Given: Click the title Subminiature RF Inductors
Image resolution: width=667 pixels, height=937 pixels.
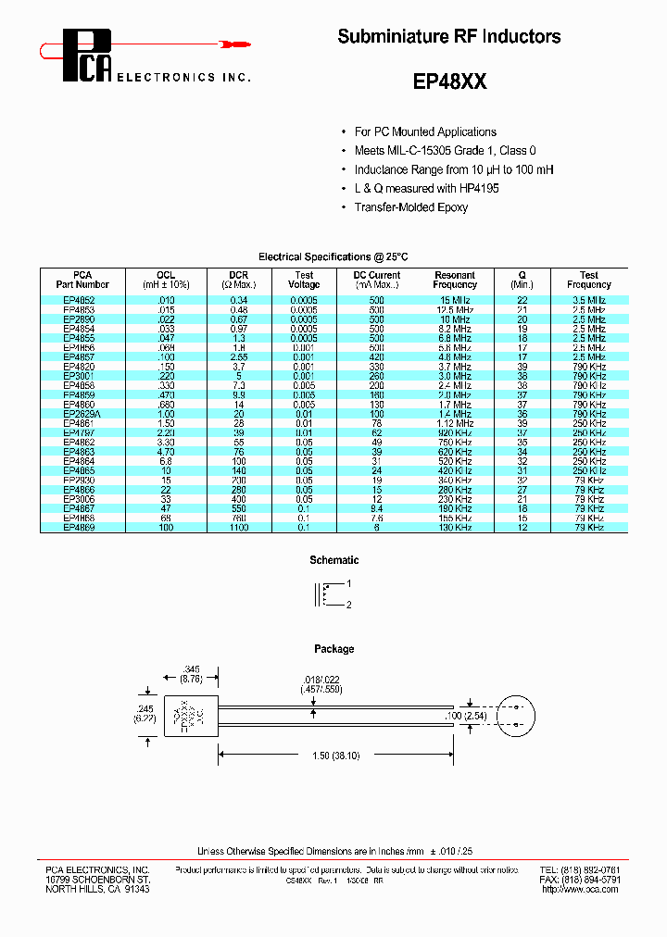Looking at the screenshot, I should point(448,37).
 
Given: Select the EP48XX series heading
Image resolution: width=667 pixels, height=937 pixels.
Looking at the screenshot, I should point(449,81).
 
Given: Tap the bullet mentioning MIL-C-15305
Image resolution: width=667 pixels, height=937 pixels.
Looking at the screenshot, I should point(445,151).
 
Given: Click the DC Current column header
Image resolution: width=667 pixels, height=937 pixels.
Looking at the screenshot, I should point(376,280).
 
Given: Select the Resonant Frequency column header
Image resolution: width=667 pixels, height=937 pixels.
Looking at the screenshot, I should point(454,280).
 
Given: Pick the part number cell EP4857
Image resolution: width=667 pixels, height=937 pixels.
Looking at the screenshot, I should point(80,356).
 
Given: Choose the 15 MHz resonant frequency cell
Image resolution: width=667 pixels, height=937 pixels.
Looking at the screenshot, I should point(454,300).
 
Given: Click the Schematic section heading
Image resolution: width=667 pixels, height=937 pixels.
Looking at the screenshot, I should point(333,560).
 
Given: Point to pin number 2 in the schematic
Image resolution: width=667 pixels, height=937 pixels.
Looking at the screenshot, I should point(349,605).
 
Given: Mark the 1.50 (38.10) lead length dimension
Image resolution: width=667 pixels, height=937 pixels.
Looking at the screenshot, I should point(334,756).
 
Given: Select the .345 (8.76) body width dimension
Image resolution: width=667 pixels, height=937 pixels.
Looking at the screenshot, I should point(191,673).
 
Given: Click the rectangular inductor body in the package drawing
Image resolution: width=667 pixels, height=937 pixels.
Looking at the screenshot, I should point(191,717).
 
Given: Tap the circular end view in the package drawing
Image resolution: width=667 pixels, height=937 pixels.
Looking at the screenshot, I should point(518,716).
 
